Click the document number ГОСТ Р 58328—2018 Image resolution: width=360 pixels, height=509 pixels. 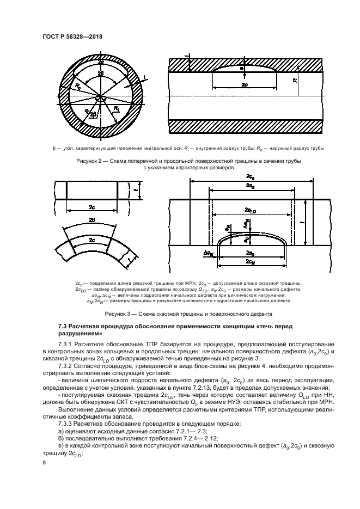pyautogui.click(x=72, y=36)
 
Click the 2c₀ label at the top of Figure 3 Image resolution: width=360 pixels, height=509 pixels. pyautogui.click(x=251, y=177)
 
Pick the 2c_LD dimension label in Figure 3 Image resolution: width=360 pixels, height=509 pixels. pyautogui.click(x=251, y=210)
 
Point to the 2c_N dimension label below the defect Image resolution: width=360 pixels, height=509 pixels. pyautogui.click(x=251, y=262)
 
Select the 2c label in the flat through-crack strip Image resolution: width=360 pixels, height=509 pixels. pyautogui.click(x=92, y=207)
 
